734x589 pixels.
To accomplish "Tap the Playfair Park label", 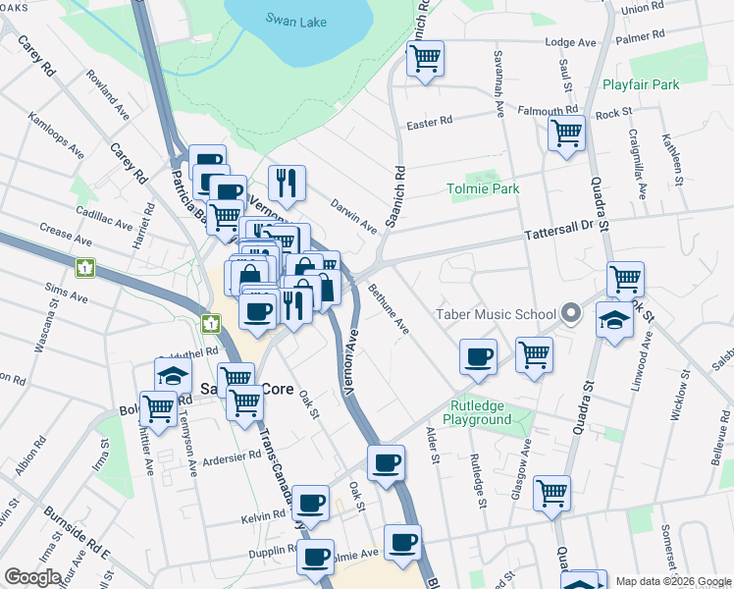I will (641, 85).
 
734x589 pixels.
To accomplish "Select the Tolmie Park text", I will (482, 188).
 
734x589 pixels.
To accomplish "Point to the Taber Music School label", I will (496, 315).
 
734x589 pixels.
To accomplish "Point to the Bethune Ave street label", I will (389, 308).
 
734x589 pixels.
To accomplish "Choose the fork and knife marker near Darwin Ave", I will (287, 182).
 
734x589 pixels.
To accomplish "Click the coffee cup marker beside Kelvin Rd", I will (311, 503).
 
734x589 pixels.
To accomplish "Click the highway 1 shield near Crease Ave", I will (85, 266).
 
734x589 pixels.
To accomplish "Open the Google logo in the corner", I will (32, 577).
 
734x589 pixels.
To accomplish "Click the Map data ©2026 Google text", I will (673, 581).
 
